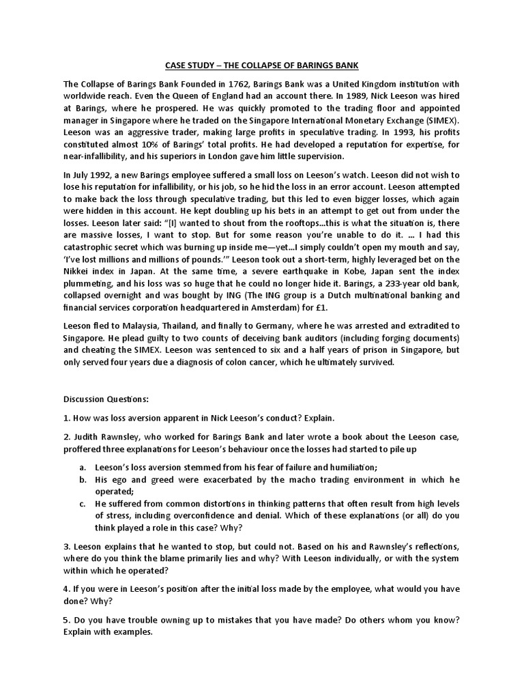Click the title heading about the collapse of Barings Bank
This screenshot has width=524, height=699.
262,65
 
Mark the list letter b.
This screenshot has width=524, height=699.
82,479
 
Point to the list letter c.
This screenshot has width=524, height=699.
82,504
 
